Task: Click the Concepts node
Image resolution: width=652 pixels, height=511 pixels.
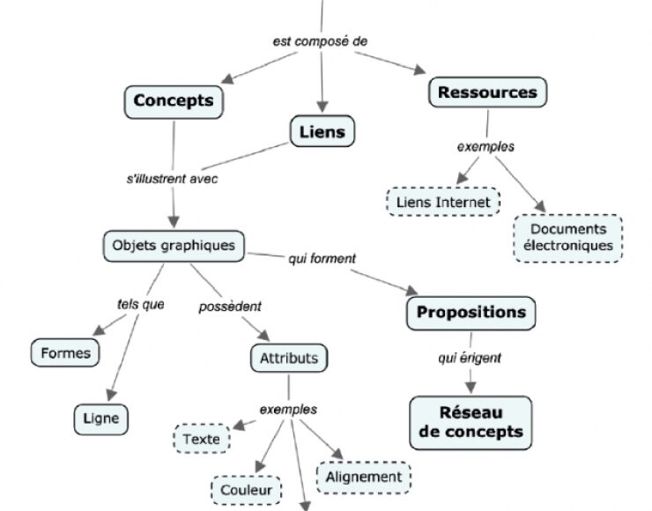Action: pos(174,100)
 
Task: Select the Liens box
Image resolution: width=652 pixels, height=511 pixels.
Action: pos(322,132)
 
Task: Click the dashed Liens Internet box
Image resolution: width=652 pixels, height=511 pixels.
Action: pos(443,203)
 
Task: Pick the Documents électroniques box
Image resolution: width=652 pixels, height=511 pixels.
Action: pos(567,238)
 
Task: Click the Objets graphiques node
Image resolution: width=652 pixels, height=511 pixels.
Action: pos(174,245)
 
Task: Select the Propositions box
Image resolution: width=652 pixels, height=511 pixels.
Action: pos(470,313)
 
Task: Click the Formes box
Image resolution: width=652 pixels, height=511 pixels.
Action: pos(66,353)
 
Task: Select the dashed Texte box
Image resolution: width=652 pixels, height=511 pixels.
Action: pos(202,438)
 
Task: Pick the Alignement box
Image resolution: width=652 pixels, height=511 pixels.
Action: pos(363,477)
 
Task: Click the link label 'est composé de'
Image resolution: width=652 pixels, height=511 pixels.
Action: pos(320,41)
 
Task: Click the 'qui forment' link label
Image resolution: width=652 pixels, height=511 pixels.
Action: pos(322,258)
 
